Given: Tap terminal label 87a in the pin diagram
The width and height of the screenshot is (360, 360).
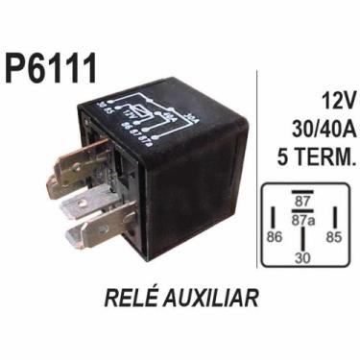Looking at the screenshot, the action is [303, 220].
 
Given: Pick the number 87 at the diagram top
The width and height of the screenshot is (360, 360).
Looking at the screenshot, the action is [303, 202].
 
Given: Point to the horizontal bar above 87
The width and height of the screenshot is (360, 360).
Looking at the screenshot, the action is [303, 191].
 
